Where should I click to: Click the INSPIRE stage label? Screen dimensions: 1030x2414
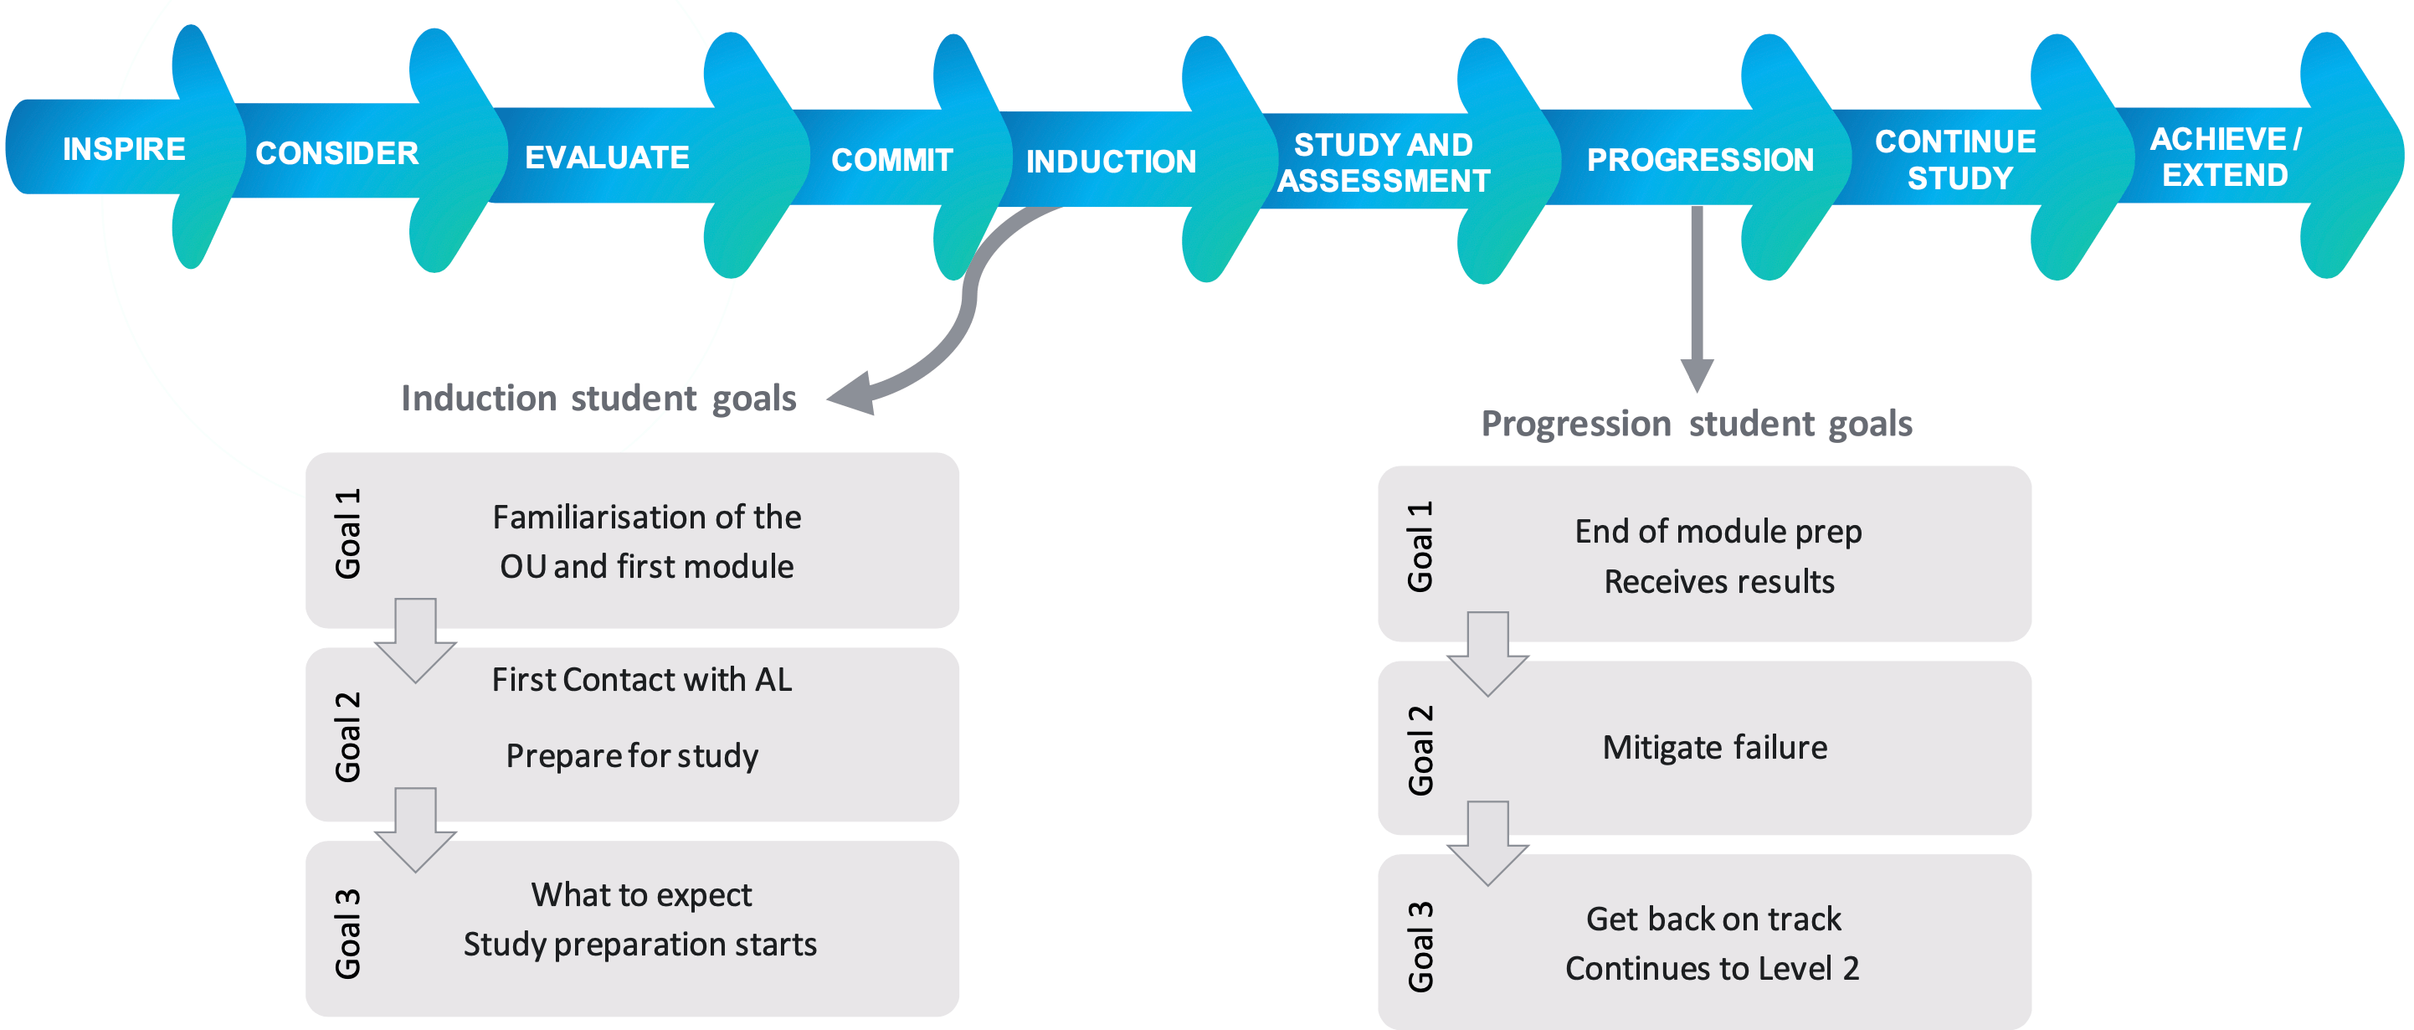[124, 149]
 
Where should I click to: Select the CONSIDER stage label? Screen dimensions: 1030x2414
[336, 152]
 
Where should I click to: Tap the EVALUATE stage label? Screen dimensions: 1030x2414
[606, 157]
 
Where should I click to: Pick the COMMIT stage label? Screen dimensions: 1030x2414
[891, 160]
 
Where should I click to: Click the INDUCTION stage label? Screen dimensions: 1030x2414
[1111, 162]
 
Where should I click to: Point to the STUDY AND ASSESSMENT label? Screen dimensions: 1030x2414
[1383, 162]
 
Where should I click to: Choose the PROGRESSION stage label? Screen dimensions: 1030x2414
[1700, 160]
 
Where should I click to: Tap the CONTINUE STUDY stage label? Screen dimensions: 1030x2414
[1957, 159]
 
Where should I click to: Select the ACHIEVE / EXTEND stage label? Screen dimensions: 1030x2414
[2225, 157]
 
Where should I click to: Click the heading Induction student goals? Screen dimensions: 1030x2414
[598, 399]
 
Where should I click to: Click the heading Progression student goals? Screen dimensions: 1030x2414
[1696, 424]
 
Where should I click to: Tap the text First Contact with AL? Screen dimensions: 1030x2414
[642, 679]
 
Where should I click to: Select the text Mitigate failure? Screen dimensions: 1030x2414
[1715, 747]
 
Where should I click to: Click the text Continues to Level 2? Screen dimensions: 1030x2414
[1712, 968]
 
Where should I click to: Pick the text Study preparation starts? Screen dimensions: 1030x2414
[640, 944]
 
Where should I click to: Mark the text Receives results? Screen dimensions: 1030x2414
[1718, 582]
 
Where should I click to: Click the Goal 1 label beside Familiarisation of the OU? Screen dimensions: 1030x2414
[347, 533]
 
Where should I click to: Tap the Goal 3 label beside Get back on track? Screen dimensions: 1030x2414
[1420, 946]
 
